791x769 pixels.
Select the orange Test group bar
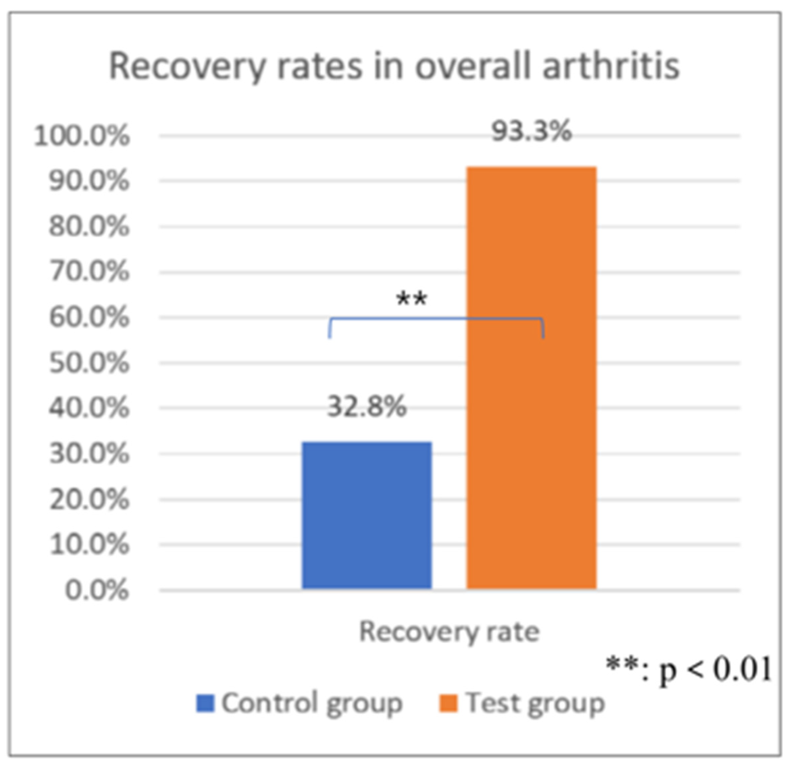tap(532, 378)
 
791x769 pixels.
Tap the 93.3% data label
tap(532, 131)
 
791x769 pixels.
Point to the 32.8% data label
tap(367, 406)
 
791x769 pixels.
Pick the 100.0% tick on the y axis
tap(82, 135)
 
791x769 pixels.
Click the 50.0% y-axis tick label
tap(89, 363)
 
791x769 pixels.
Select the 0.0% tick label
tap(97, 590)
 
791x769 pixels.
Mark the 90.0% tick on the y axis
tap(89, 180)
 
